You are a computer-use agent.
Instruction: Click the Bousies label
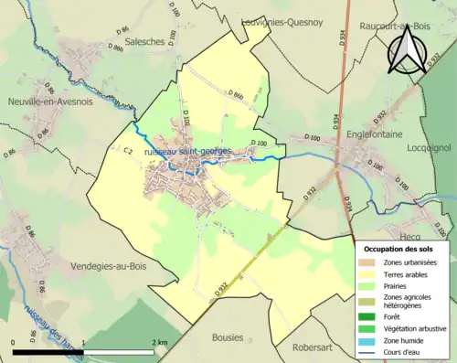click(229, 337)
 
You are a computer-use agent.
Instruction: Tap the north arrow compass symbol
click(403, 48)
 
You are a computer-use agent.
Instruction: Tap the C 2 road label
click(128, 150)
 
